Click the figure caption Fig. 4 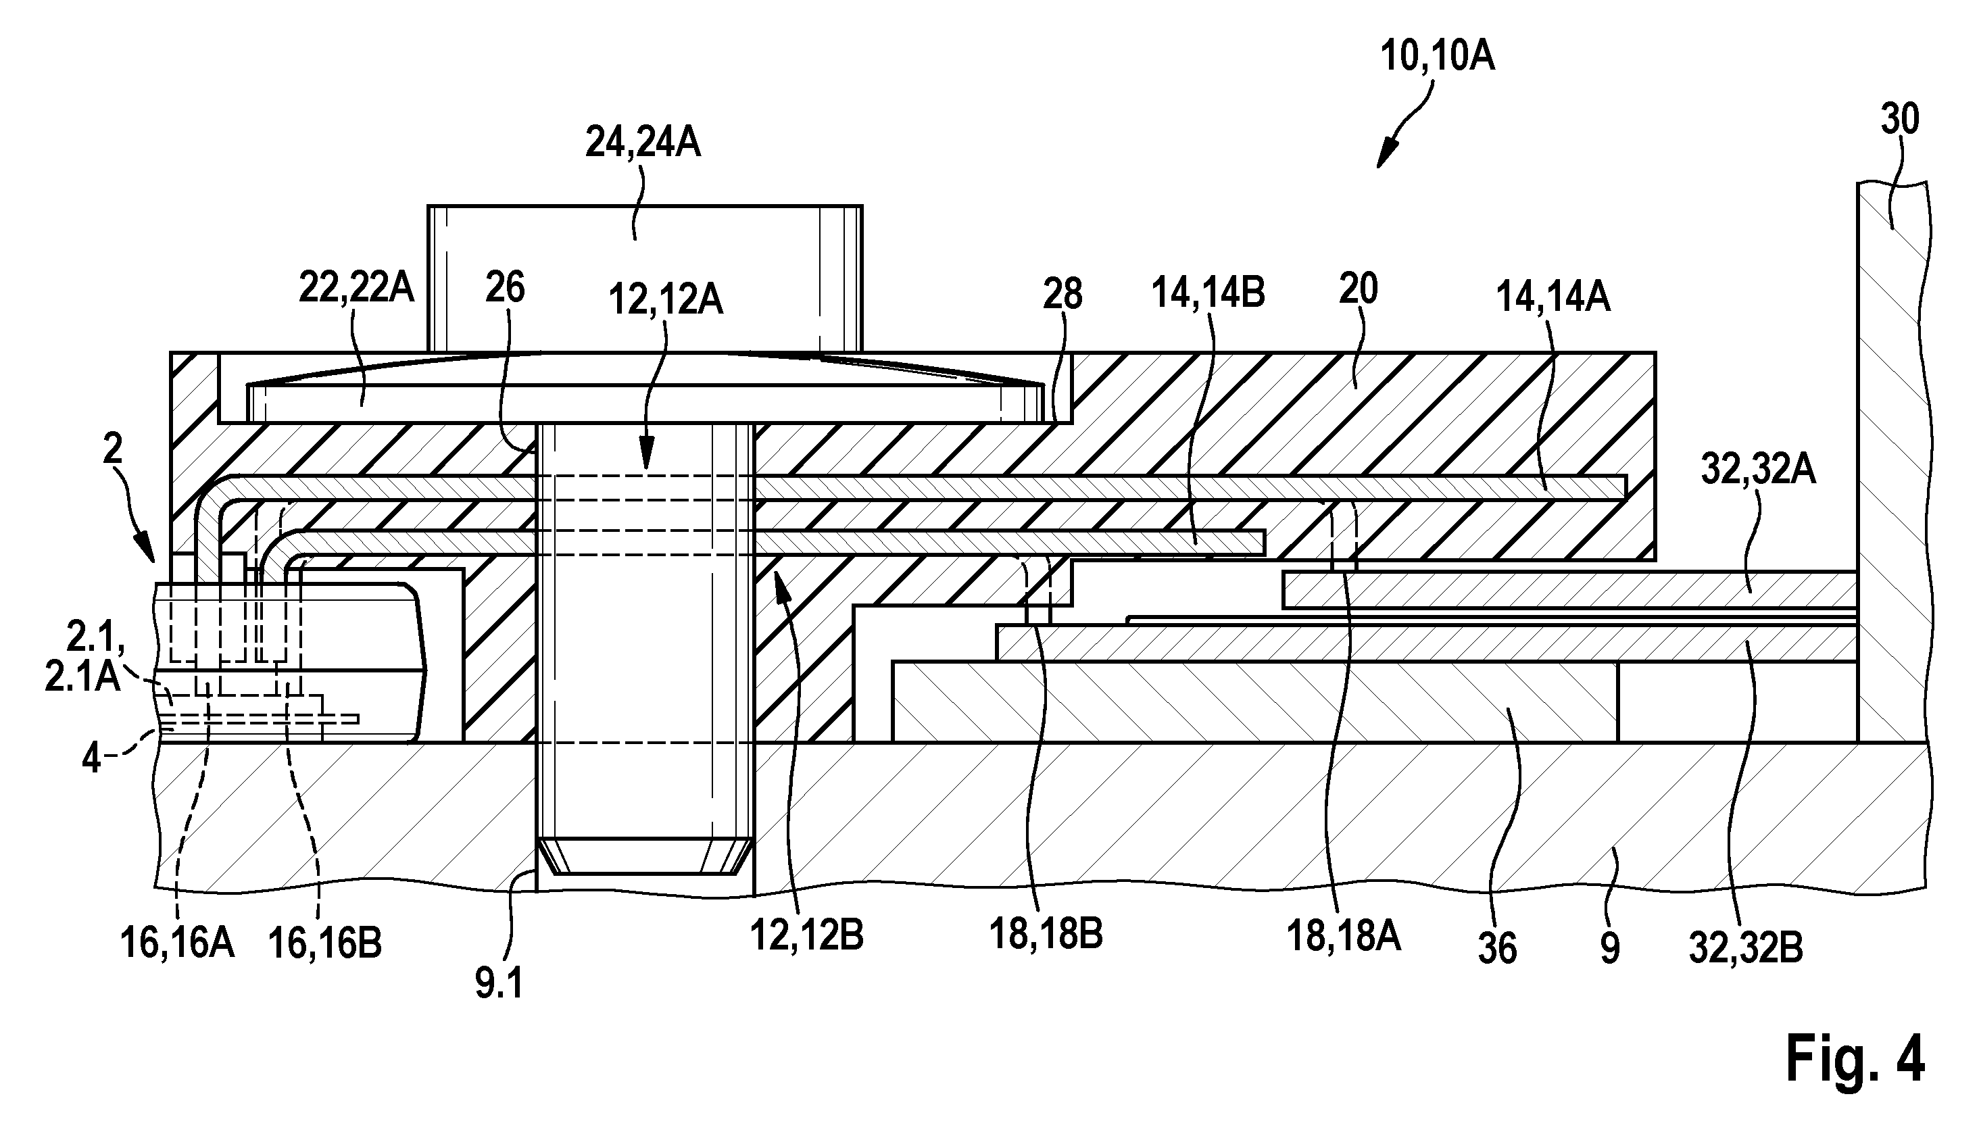point(1855,1058)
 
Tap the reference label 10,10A point(1437,57)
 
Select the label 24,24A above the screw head point(643,143)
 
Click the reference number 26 point(505,288)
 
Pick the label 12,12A point(665,300)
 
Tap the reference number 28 point(1063,295)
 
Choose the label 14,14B point(1207,292)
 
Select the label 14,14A point(1553,297)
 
